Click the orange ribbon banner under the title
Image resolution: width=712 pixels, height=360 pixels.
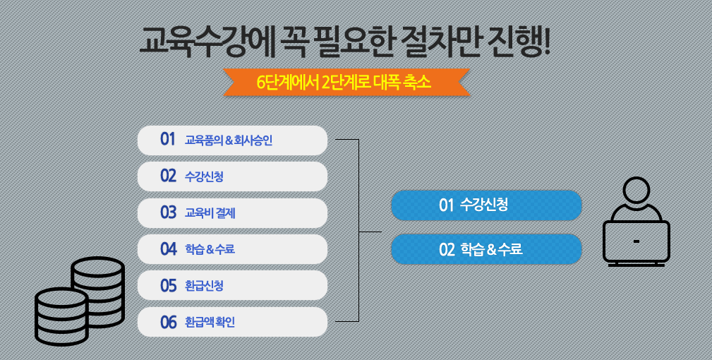(x=346, y=83)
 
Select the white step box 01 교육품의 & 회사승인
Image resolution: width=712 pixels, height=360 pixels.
(x=232, y=140)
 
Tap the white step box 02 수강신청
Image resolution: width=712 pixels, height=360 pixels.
(x=232, y=176)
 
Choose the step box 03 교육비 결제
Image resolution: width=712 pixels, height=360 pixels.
(x=232, y=213)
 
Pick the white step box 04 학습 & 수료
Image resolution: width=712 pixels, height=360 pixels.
(x=232, y=249)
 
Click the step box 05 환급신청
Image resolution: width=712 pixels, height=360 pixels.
(x=232, y=286)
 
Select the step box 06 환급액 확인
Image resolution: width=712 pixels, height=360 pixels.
(x=232, y=322)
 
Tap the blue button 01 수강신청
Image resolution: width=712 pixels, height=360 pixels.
(x=486, y=205)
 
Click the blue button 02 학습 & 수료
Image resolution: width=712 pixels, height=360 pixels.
(x=486, y=249)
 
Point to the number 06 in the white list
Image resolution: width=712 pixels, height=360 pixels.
(x=168, y=323)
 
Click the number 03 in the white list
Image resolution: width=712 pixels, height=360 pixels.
(x=168, y=213)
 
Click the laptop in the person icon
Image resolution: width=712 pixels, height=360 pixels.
(x=636, y=243)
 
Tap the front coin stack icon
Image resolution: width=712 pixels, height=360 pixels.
(x=62, y=316)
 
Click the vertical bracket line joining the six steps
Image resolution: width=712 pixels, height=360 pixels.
(x=358, y=231)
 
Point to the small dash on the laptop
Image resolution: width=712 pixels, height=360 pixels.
(x=636, y=241)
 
